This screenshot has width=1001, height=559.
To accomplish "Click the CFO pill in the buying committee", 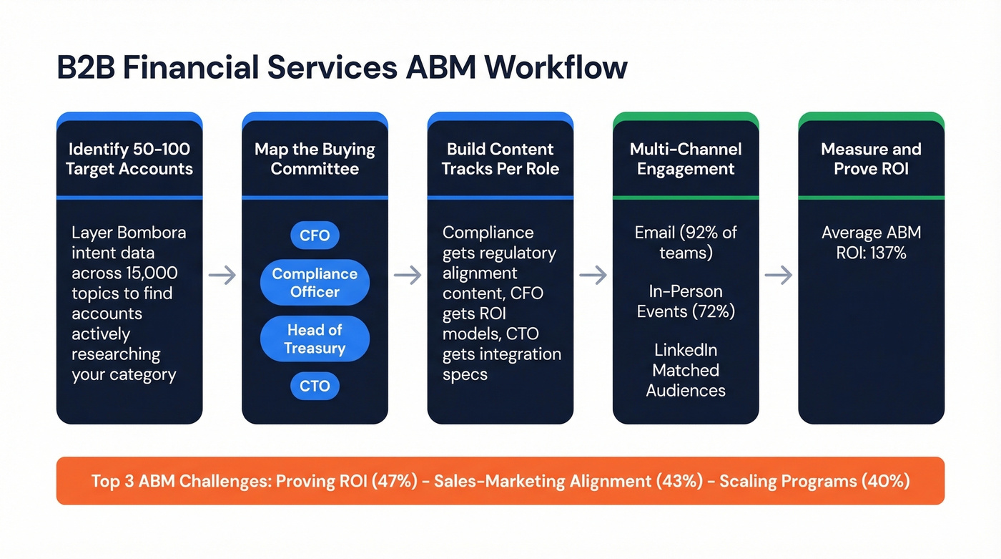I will (315, 235).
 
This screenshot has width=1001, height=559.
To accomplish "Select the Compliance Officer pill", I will (315, 283).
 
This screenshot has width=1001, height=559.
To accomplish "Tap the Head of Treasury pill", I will (315, 339).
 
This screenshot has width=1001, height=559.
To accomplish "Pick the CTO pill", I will (315, 387).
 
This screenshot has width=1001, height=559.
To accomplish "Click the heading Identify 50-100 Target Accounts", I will (129, 159).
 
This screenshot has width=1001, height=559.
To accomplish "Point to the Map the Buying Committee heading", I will (315, 159).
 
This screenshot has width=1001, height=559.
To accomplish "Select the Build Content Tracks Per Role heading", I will (500, 159).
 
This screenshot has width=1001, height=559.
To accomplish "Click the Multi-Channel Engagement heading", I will (686, 159).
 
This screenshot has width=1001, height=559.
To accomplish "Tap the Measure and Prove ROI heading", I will (871, 159).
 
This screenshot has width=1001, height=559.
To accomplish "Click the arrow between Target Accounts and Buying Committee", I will (222, 275).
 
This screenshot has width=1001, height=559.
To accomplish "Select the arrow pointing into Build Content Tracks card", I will (408, 275).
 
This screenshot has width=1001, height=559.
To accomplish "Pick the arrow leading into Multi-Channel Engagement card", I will (593, 275).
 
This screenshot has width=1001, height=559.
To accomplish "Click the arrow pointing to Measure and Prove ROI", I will (779, 275).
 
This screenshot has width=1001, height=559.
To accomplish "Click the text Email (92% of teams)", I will (686, 243).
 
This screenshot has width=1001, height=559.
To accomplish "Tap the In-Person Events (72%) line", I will (686, 301).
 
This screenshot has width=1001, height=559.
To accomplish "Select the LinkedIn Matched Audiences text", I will (686, 370).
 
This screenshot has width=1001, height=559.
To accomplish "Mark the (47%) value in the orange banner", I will (393, 481).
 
